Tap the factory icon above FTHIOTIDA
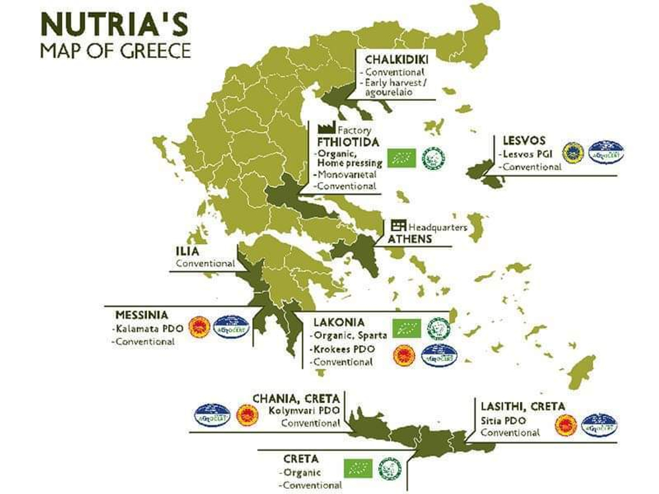tap(324, 128)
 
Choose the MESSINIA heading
tap(141, 314)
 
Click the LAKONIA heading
tap(338, 322)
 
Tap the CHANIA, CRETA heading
tap(297, 398)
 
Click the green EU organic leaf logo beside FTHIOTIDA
tap(401, 158)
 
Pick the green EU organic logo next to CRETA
tap(358, 468)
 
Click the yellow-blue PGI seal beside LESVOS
tap(573, 152)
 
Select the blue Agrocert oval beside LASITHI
tap(599, 425)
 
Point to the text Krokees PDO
tap(341, 348)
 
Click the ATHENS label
tap(410, 238)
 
